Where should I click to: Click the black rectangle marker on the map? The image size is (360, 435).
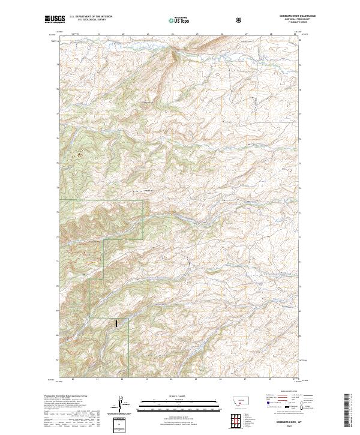click(x=116, y=323)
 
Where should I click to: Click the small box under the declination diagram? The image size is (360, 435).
click(x=122, y=424)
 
